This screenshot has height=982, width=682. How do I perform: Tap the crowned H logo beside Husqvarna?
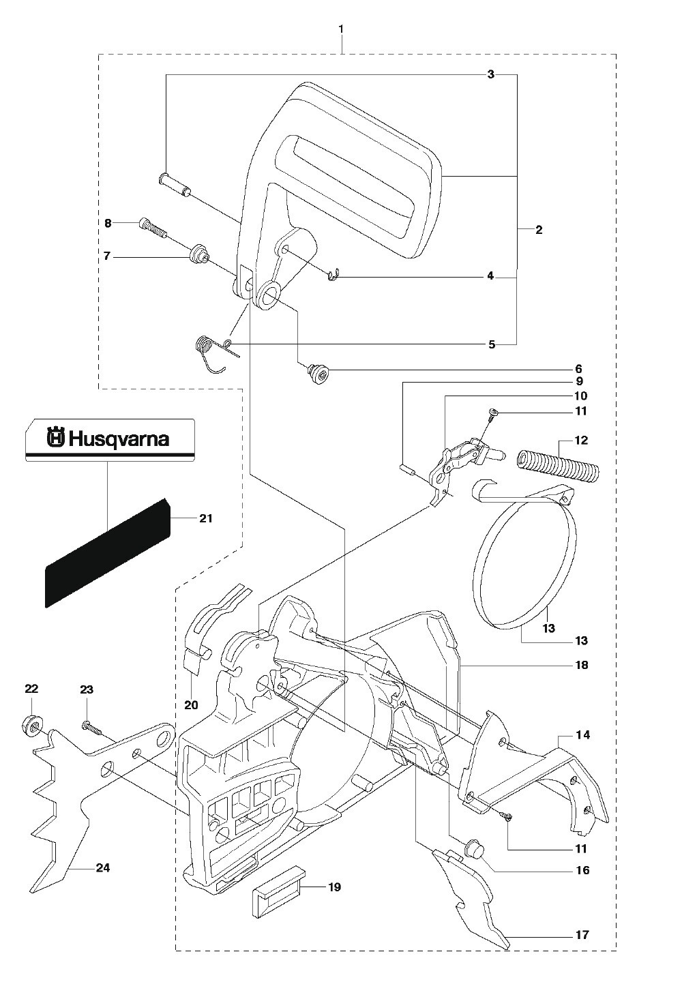tap(56, 438)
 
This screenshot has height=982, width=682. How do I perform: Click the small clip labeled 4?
tap(333, 276)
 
